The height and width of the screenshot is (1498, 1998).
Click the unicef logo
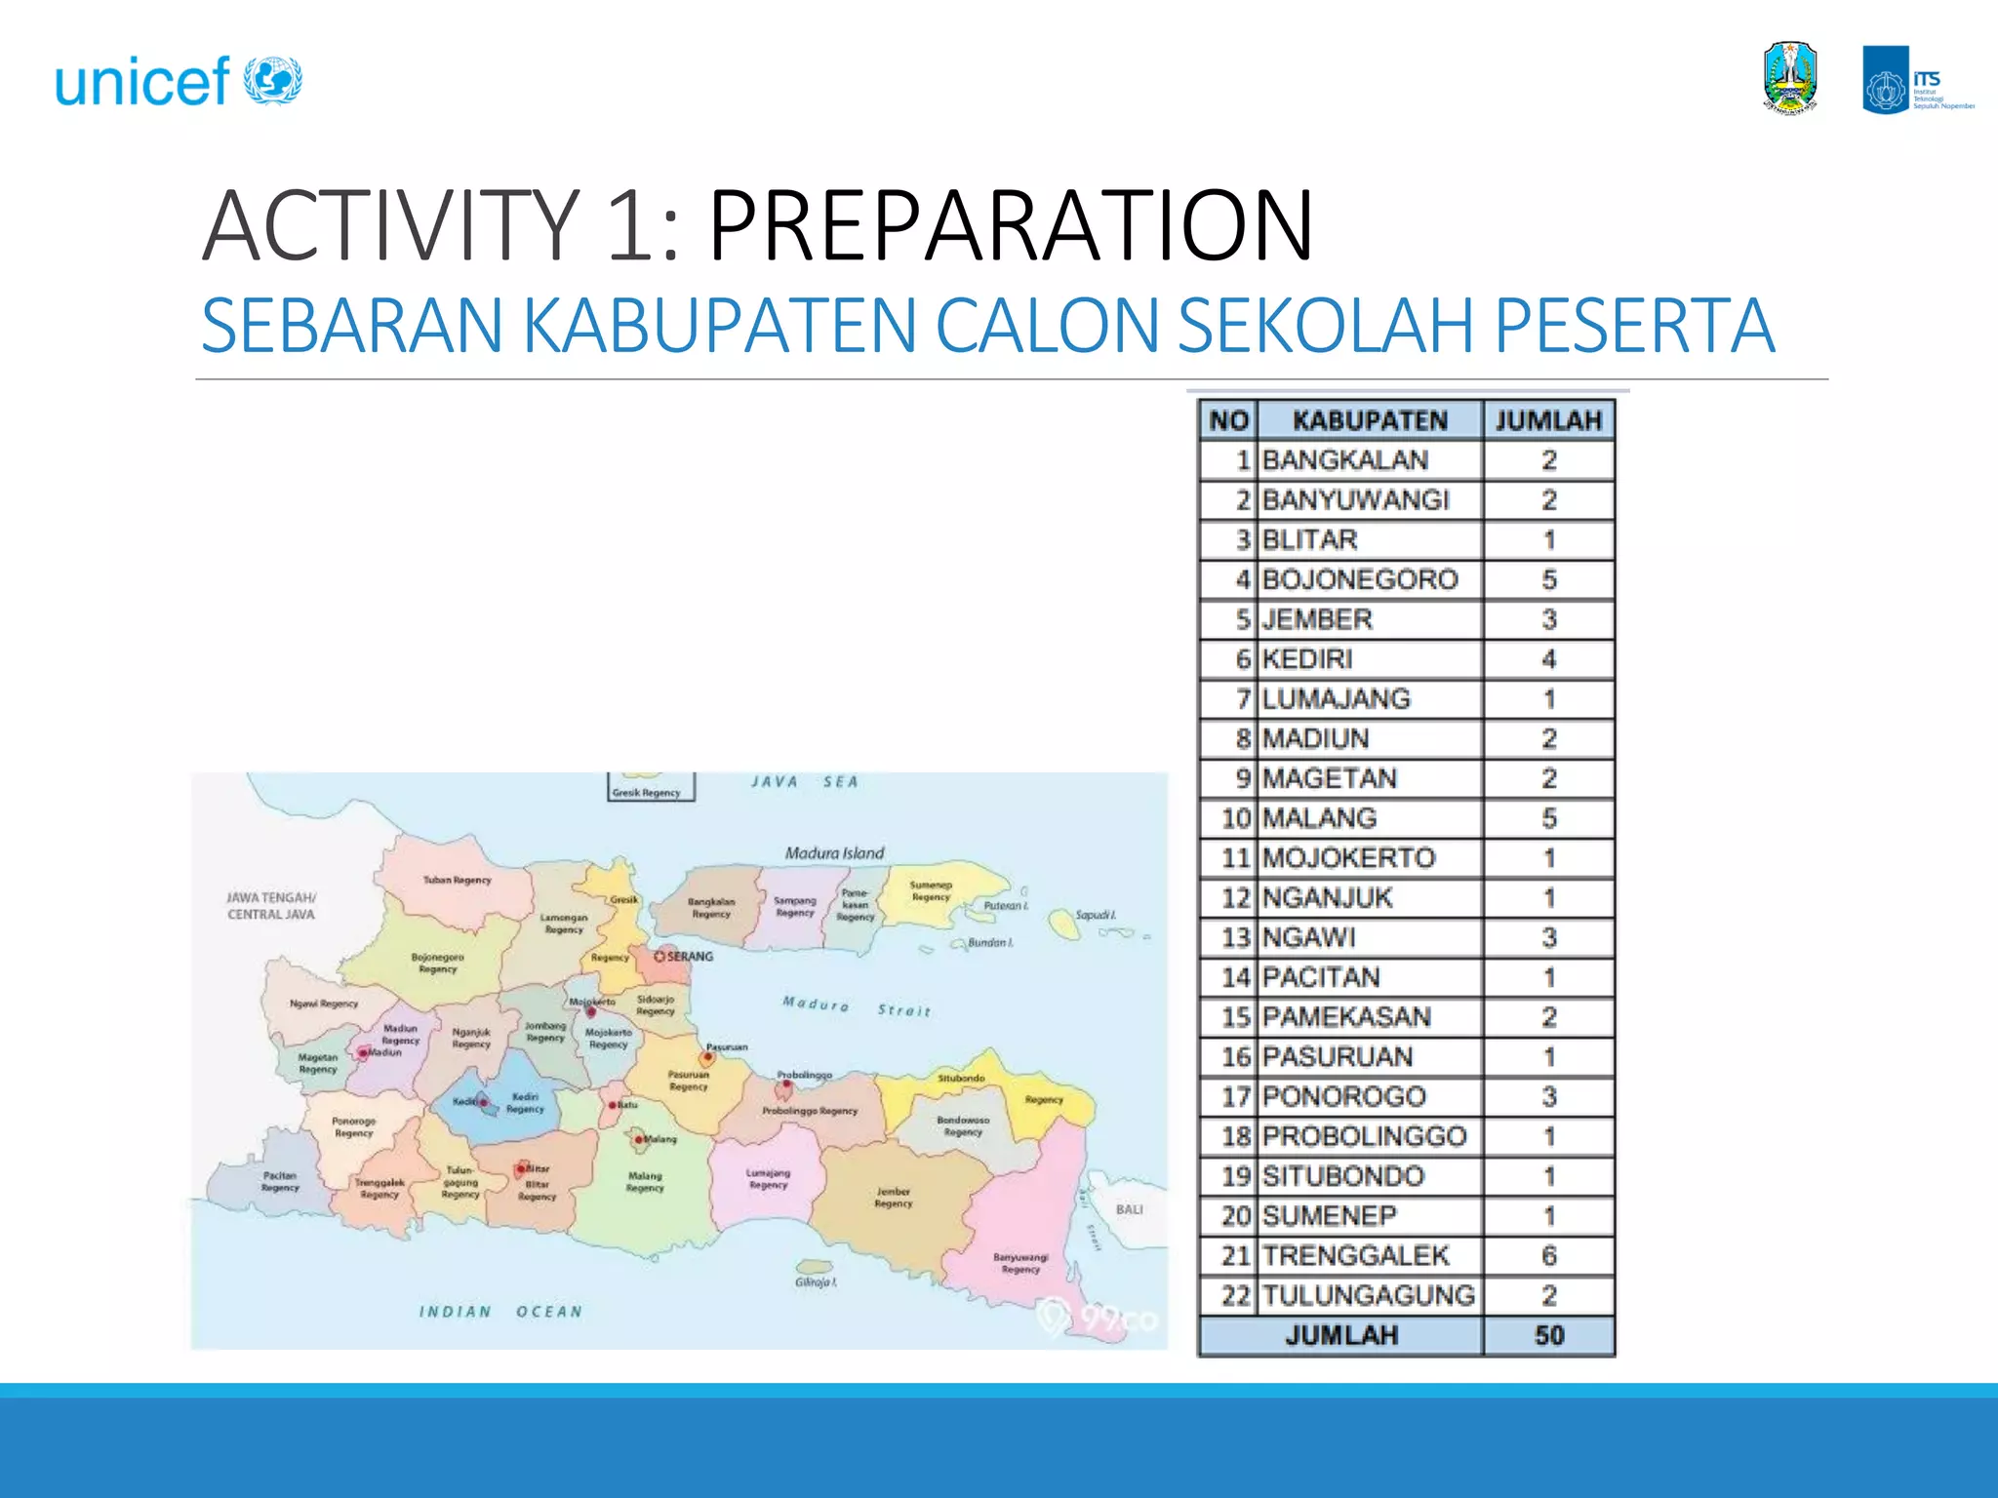179,81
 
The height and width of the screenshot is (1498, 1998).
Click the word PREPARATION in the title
1010,226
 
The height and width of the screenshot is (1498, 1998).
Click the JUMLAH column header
1548,420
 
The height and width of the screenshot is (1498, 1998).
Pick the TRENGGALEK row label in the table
1355,1255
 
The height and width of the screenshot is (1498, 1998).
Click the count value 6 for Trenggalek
1548,1255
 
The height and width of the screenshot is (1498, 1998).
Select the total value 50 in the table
1548,1335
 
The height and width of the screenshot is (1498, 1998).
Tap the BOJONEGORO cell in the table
1359,579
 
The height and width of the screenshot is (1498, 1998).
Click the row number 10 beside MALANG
1235,818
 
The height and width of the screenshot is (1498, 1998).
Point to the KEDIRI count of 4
1548,659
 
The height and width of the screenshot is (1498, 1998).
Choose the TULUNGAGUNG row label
1368,1295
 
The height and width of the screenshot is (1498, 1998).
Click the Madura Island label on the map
834,853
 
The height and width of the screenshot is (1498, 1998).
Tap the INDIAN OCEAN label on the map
500,1312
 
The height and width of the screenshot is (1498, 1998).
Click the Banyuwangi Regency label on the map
1020,1263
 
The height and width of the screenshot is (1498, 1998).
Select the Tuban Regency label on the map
457,880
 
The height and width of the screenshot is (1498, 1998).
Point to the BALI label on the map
1129,1209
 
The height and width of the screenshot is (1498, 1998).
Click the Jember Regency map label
893,1197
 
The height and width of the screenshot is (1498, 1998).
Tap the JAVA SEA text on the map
805,782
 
